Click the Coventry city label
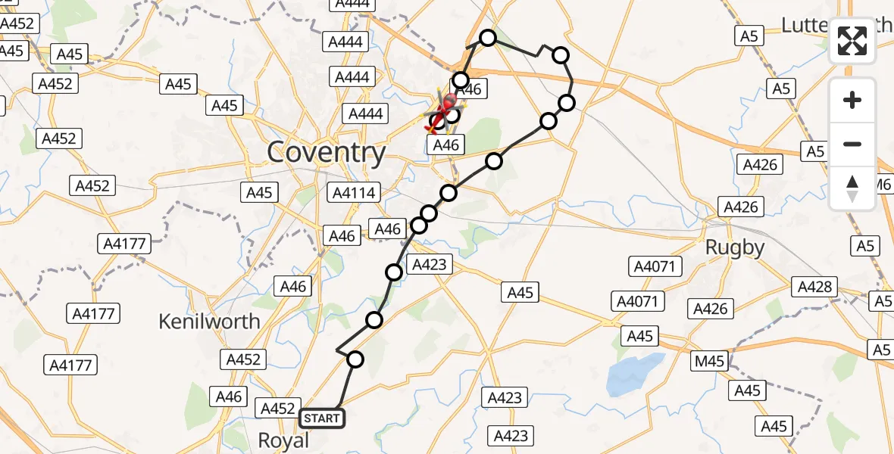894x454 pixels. [x=327, y=154]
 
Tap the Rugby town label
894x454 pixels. [x=734, y=247]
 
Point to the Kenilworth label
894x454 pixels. [x=209, y=322]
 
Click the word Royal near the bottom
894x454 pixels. [x=284, y=440]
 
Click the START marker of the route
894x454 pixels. [x=323, y=418]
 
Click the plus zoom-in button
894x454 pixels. [x=852, y=100]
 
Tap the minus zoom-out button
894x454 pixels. [x=852, y=144]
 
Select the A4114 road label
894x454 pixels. [x=354, y=193]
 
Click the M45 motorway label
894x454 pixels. [x=710, y=362]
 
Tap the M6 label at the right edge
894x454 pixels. [x=883, y=185]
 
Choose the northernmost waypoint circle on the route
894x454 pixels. [x=488, y=38]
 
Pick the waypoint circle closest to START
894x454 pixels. [x=355, y=359]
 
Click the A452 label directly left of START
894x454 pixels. [x=277, y=409]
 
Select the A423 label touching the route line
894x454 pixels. [x=430, y=264]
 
